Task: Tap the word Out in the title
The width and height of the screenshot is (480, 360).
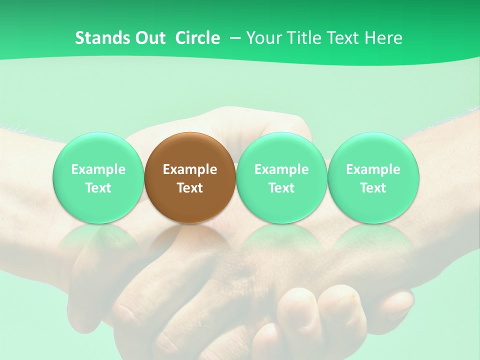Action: tap(149, 38)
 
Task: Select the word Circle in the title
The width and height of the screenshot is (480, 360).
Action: tap(197, 38)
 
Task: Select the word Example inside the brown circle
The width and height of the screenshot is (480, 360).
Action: tap(190, 169)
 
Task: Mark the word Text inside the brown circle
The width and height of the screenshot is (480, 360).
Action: tap(190, 188)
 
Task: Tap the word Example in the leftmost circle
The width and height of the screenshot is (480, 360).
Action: tap(98, 169)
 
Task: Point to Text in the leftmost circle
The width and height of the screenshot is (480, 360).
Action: tap(98, 188)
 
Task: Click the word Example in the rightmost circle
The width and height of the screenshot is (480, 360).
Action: tap(373, 169)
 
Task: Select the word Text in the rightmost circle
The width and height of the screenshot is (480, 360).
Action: tap(373, 188)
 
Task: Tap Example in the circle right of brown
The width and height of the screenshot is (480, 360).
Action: tap(281, 169)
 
